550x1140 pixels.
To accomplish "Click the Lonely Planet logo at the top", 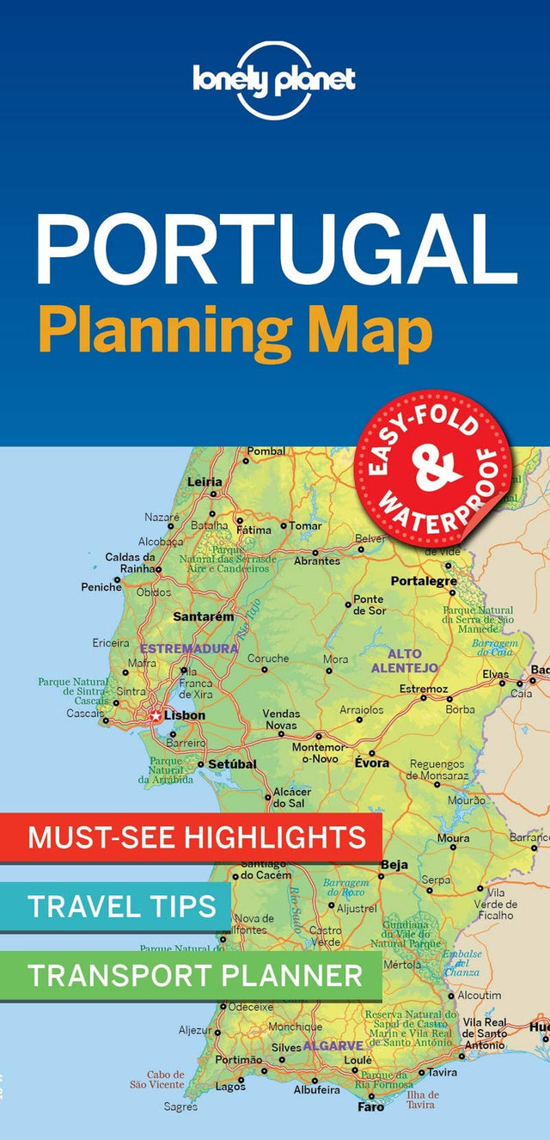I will (274, 80).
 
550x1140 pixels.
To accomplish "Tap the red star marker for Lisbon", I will (156, 715).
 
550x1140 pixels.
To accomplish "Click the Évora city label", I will (372, 763).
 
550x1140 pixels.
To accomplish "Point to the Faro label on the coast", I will (371, 1107).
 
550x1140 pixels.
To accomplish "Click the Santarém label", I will (203, 616).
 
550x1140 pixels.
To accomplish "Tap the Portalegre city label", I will (424, 581).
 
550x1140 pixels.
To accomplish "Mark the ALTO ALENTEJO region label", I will (404, 660).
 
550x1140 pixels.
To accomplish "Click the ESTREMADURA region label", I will (188, 647).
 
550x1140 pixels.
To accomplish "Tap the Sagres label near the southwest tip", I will (180, 1107).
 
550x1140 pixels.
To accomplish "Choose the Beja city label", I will (394, 864).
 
